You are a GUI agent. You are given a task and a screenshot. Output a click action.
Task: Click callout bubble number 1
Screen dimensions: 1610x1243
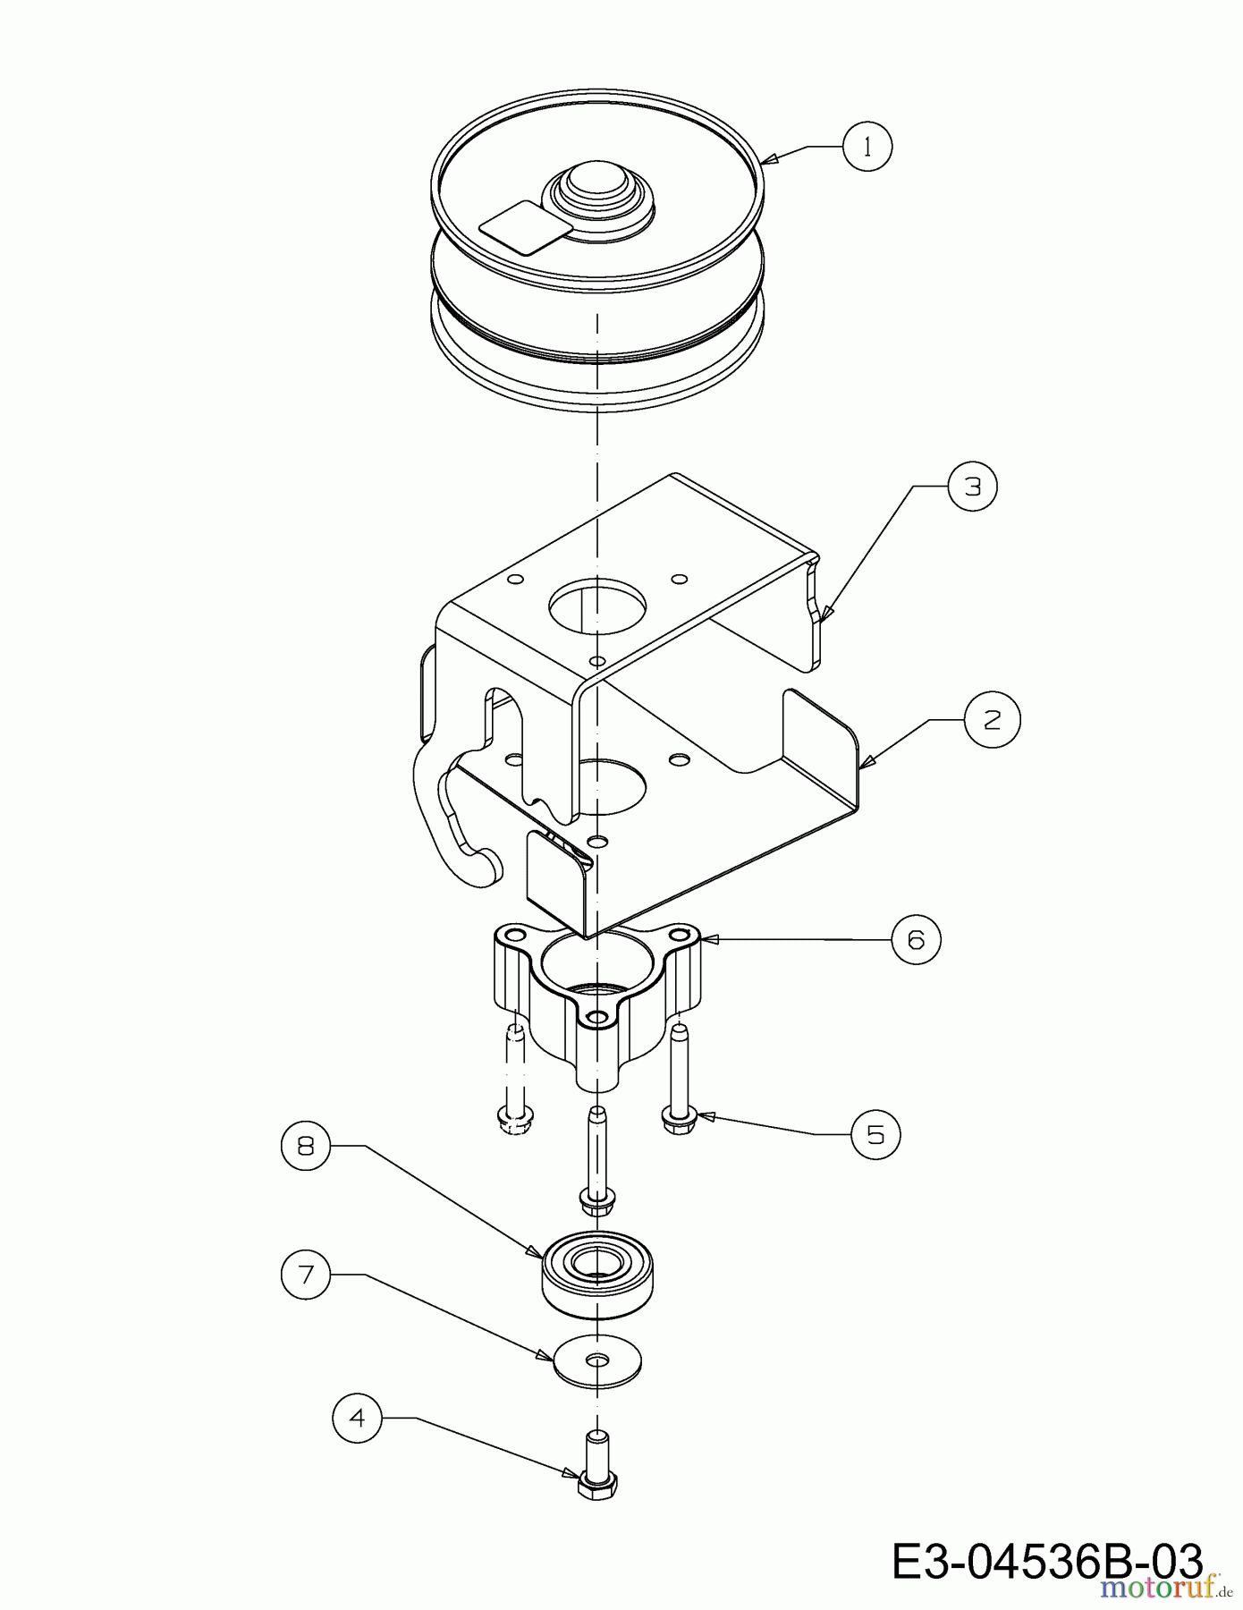coord(867,147)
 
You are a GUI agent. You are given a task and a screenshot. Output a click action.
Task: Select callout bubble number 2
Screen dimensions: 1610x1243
coord(992,719)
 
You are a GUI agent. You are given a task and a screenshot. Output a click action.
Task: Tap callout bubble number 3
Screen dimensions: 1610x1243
coord(972,486)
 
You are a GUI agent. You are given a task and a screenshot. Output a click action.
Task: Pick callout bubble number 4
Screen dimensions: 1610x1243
coord(358,1419)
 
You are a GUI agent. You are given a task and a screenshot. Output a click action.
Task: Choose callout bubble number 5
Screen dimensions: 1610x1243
coord(875,1135)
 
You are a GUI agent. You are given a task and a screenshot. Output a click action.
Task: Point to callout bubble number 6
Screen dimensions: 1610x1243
coord(917,939)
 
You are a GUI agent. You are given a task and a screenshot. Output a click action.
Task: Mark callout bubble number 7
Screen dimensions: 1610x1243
coord(306,1275)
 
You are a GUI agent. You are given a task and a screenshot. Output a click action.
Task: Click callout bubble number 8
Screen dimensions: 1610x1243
coord(306,1146)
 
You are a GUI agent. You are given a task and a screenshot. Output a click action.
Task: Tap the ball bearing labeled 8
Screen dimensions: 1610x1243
coord(597,1274)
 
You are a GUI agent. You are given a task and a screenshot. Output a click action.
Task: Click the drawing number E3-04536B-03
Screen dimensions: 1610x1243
coord(1047,1563)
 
